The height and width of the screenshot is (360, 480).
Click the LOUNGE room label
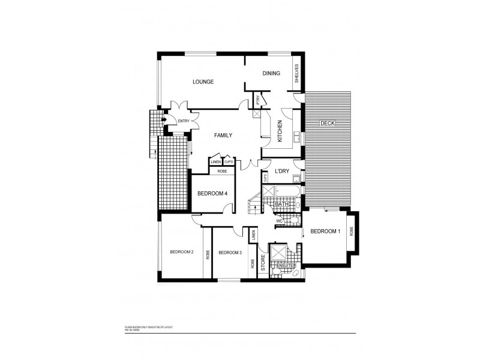pyautogui.click(x=203, y=82)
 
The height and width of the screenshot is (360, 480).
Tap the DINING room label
pyautogui.click(x=272, y=73)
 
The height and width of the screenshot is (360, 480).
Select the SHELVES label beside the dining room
pyautogui.click(x=296, y=75)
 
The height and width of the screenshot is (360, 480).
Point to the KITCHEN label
pyautogui.click(x=280, y=131)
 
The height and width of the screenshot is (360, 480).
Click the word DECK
pyautogui.click(x=327, y=123)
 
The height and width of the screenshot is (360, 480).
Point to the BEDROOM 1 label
pyautogui.click(x=326, y=231)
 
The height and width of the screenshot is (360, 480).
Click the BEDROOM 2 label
pyautogui.click(x=181, y=252)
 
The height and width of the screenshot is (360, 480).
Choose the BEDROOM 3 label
pyautogui.click(x=230, y=253)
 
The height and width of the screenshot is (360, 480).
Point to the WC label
pyautogui.click(x=280, y=221)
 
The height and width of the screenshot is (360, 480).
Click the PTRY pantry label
pyautogui.click(x=257, y=101)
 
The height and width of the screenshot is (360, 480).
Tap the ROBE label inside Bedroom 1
pyautogui.click(x=352, y=230)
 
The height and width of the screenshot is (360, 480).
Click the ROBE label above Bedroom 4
pyautogui.click(x=221, y=170)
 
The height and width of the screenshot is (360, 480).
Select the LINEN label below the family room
pyautogui.click(x=215, y=161)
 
